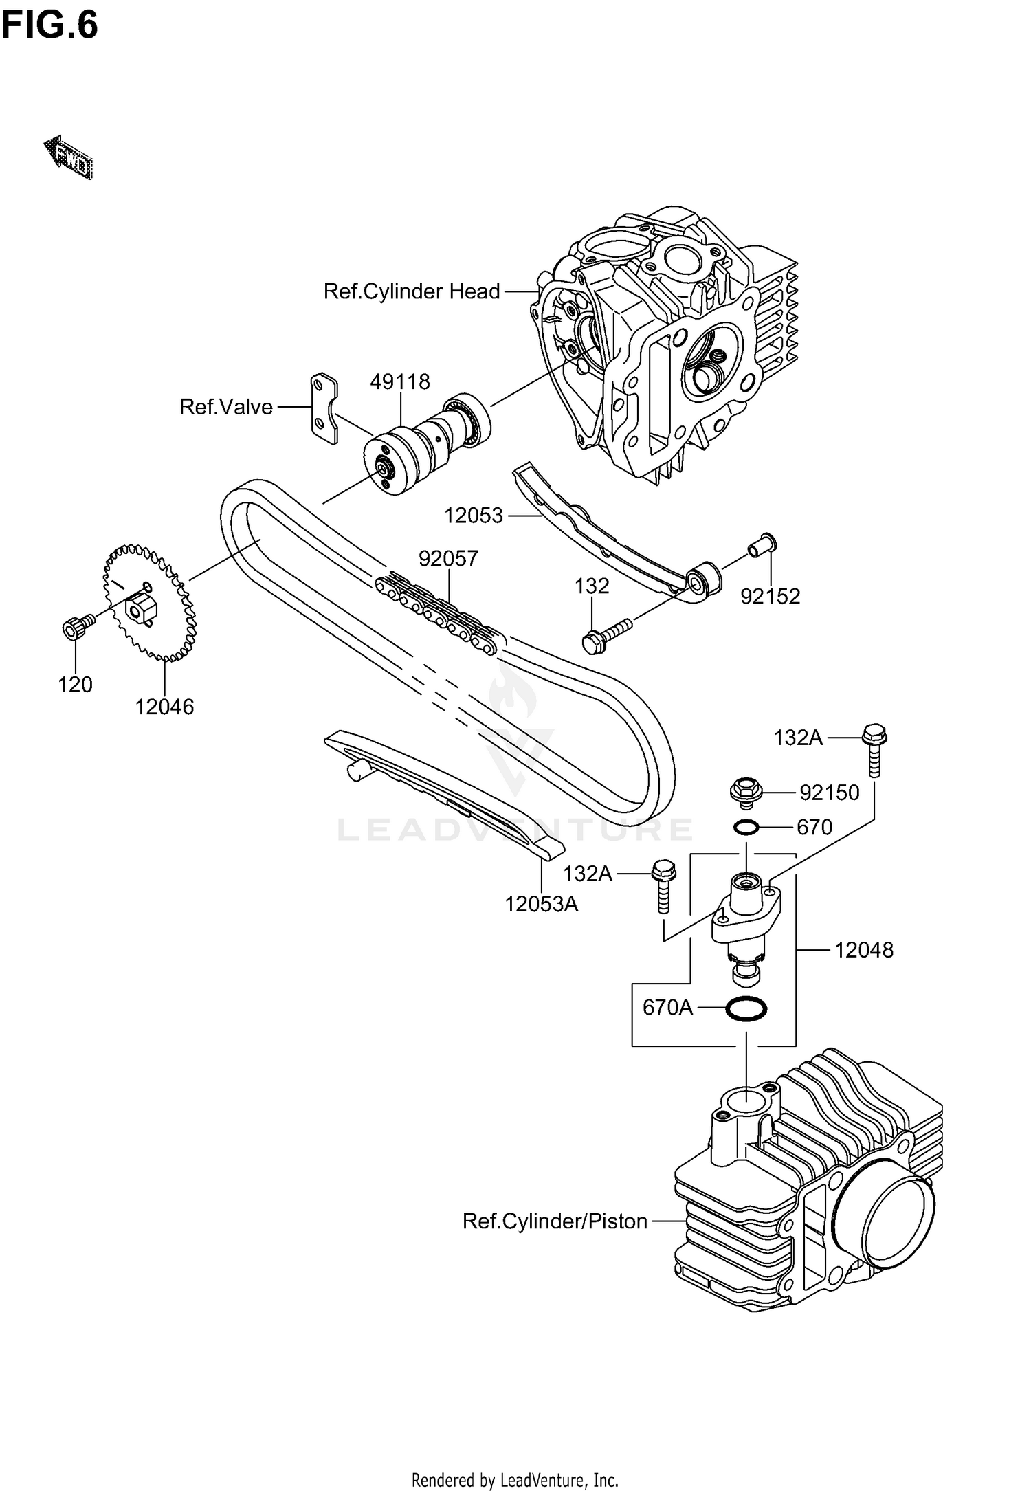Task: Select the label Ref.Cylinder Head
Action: pyautogui.click(x=411, y=291)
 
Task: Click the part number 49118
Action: pyautogui.click(x=400, y=381)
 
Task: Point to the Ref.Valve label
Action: pyautogui.click(x=226, y=407)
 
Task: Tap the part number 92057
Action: pyautogui.click(x=448, y=558)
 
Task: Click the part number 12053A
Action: pyautogui.click(x=542, y=904)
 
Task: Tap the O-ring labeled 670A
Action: pyautogui.click(x=746, y=1009)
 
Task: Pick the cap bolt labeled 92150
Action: pyautogui.click(x=746, y=792)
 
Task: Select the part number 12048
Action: pyautogui.click(x=864, y=950)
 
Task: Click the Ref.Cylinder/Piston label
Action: pyautogui.click(x=555, y=1221)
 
